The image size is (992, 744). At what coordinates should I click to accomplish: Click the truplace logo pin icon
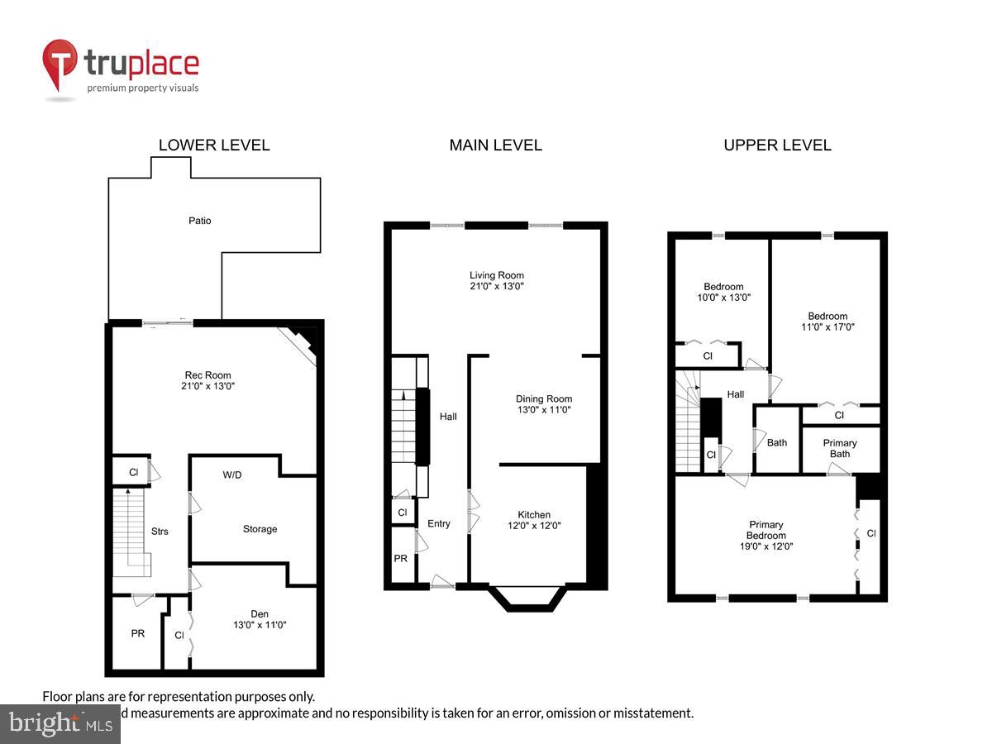click(x=60, y=64)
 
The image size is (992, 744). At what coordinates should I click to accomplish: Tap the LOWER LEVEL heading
click(x=214, y=145)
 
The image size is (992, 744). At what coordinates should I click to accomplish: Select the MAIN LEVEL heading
click(x=495, y=145)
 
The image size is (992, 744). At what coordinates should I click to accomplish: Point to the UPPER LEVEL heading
click(x=777, y=145)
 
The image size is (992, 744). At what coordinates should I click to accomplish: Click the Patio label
click(x=199, y=221)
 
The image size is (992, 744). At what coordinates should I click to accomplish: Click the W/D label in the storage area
click(x=232, y=475)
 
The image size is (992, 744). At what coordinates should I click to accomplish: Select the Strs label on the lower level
click(x=160, y=531)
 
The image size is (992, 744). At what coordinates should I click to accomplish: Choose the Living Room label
click(x=497, y=275)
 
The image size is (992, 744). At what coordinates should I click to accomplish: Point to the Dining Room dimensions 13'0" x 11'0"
click(x=543, y=409)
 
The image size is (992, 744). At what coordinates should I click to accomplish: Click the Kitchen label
click(x=534, y=514)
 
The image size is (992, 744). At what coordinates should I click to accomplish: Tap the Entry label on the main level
click(x=439, y=523)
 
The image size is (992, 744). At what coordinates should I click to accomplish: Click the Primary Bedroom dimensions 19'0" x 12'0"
click(x=766, y=546)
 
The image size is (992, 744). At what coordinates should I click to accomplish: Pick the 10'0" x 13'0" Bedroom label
click(x=723, y=287)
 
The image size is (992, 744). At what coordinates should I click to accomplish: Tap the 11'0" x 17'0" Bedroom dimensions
click(x=827, y=327)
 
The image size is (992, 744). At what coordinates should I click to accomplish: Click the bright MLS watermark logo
click(x=60, y=723)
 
